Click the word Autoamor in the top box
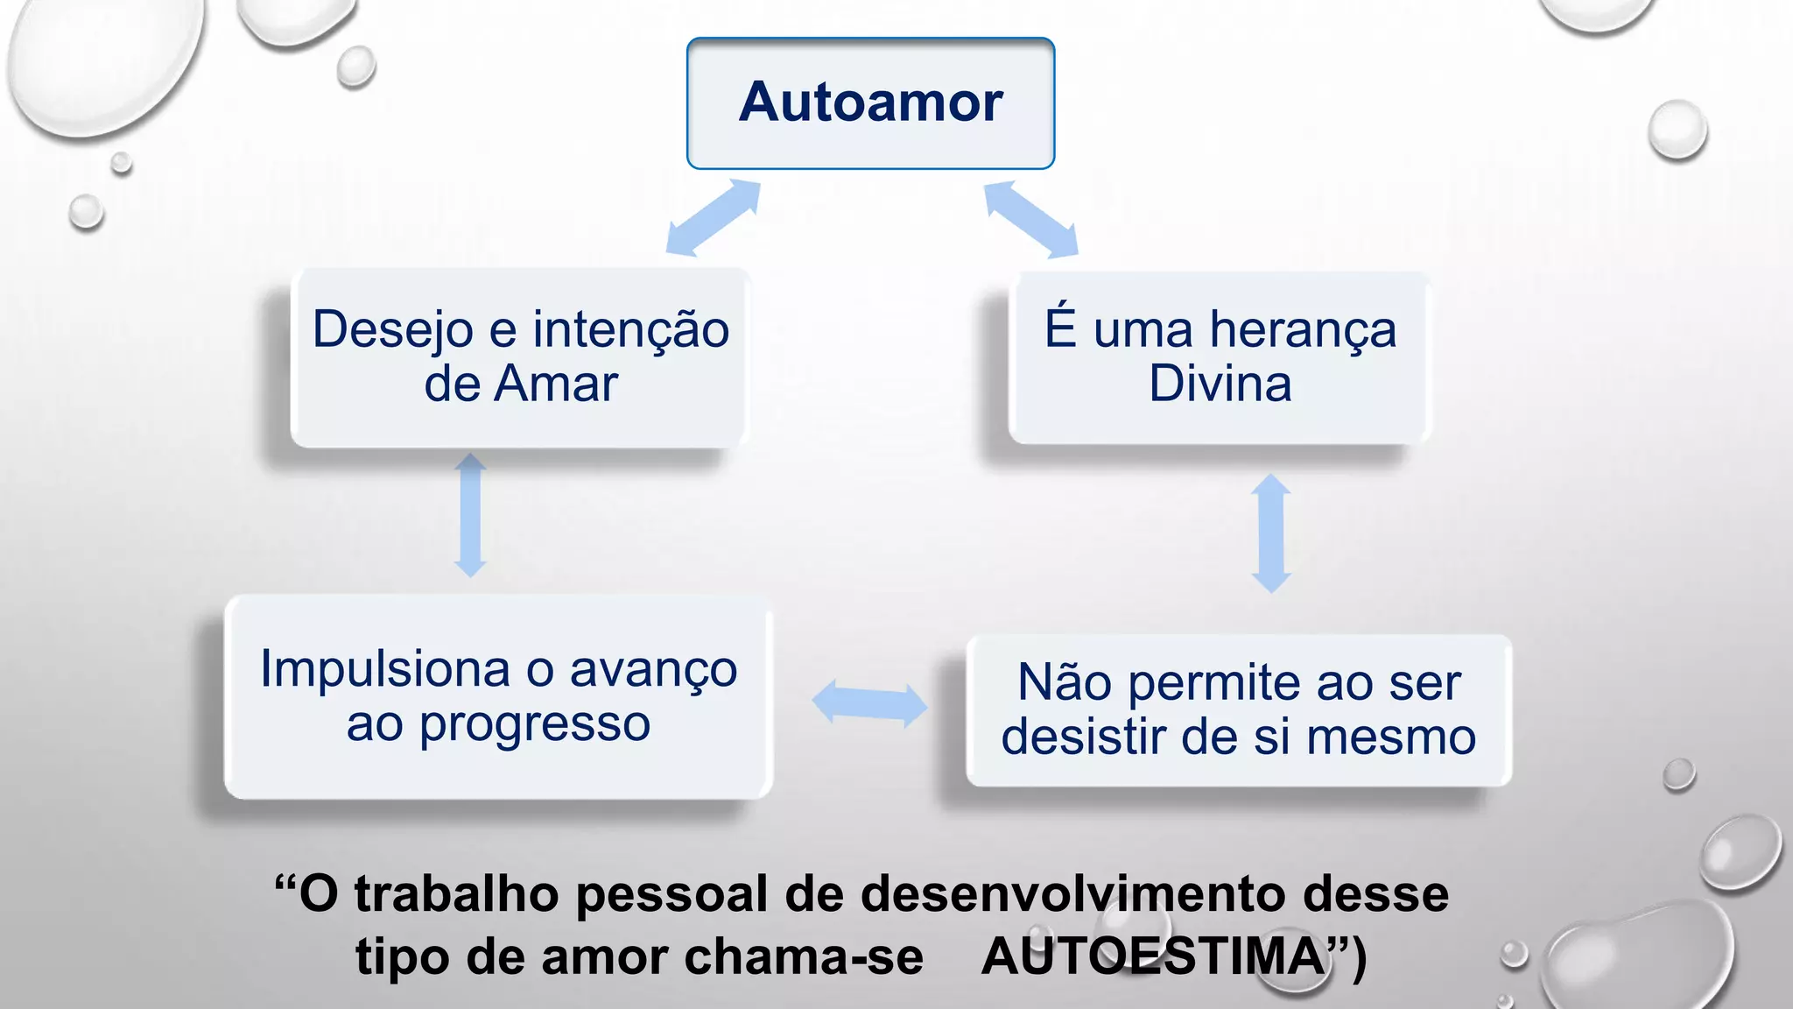[870, 102]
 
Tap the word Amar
[556, 385]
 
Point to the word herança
[1303, 331]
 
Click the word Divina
[1220, 385]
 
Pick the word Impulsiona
[384, 670]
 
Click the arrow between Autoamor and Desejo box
[713, 218]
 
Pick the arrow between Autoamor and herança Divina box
[1030, 219]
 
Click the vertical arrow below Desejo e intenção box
[471, 515]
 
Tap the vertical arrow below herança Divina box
[1270, 533]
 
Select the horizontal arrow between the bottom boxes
[869, 703]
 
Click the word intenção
[630, 330]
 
